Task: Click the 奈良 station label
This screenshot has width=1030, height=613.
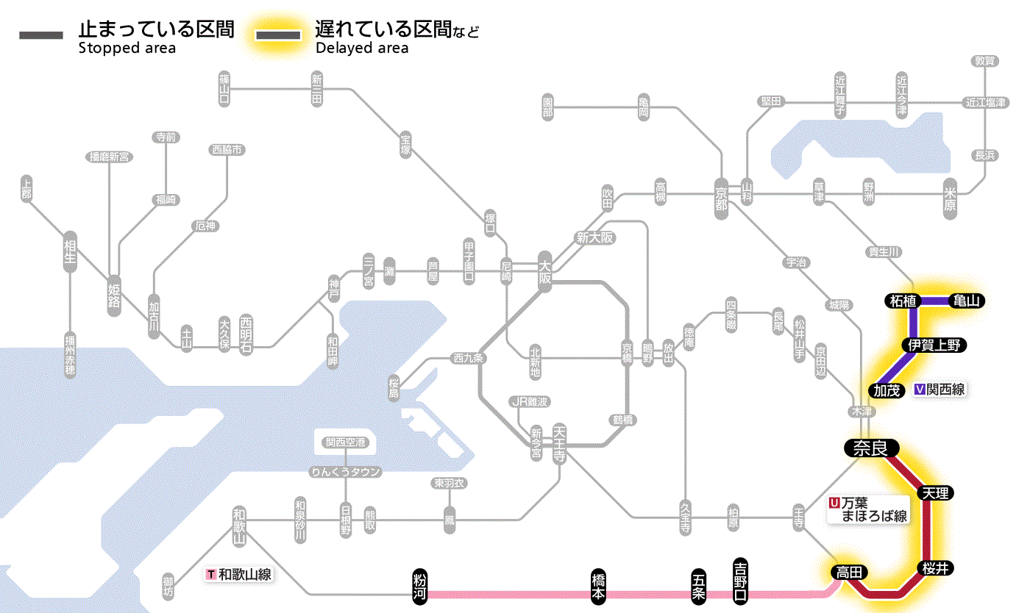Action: click(870, 447)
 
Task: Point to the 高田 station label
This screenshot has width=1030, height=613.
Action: click(849, 572)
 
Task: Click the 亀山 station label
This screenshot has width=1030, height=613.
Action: click(967, 301)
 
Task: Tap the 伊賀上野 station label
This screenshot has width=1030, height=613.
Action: click(934, 345)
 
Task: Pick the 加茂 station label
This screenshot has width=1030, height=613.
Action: click(887, 390)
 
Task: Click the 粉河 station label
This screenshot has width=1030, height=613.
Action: click(420, 585)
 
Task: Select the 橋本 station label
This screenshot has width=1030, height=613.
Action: click(598, 586)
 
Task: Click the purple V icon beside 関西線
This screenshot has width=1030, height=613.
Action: click(920, 390)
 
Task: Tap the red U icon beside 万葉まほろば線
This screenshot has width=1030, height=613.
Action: click(834, 503)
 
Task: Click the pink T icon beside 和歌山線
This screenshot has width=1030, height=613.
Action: click(212, 574)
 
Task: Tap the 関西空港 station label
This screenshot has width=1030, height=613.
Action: click(345, 442)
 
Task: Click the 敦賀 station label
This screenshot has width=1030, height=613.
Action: click(984, 61)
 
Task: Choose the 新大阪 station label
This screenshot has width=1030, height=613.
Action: click(594, 237)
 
